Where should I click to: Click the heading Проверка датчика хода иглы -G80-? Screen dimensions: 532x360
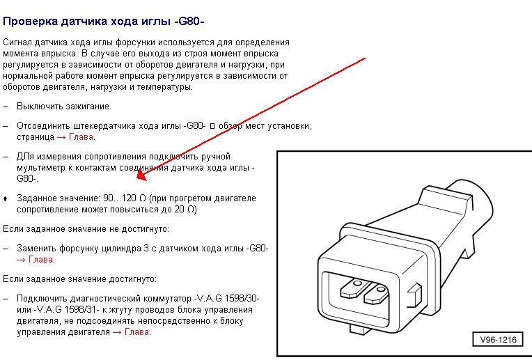(104, 22)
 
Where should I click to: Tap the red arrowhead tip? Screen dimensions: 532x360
(137, 179)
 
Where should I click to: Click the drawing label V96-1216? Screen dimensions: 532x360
(498, 339)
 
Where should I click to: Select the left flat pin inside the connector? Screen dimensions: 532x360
(354, 288)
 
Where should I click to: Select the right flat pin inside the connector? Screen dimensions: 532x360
(376, 294)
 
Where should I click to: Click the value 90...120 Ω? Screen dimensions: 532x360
(124, 198)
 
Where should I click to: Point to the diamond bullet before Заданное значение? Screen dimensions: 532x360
(5, 198)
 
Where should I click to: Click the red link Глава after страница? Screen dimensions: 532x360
(81, 137)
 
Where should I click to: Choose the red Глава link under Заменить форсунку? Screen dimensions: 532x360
(40, 260)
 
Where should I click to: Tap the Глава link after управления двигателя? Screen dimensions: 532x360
(137, 332)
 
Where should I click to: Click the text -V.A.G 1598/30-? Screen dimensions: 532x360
(226, 299)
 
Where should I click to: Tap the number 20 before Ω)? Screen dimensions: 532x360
(180, 210)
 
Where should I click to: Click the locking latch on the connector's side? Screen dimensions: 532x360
(414, 293)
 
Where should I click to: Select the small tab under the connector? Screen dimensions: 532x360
(358, 329)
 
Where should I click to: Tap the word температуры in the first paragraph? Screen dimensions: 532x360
(164, 87)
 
